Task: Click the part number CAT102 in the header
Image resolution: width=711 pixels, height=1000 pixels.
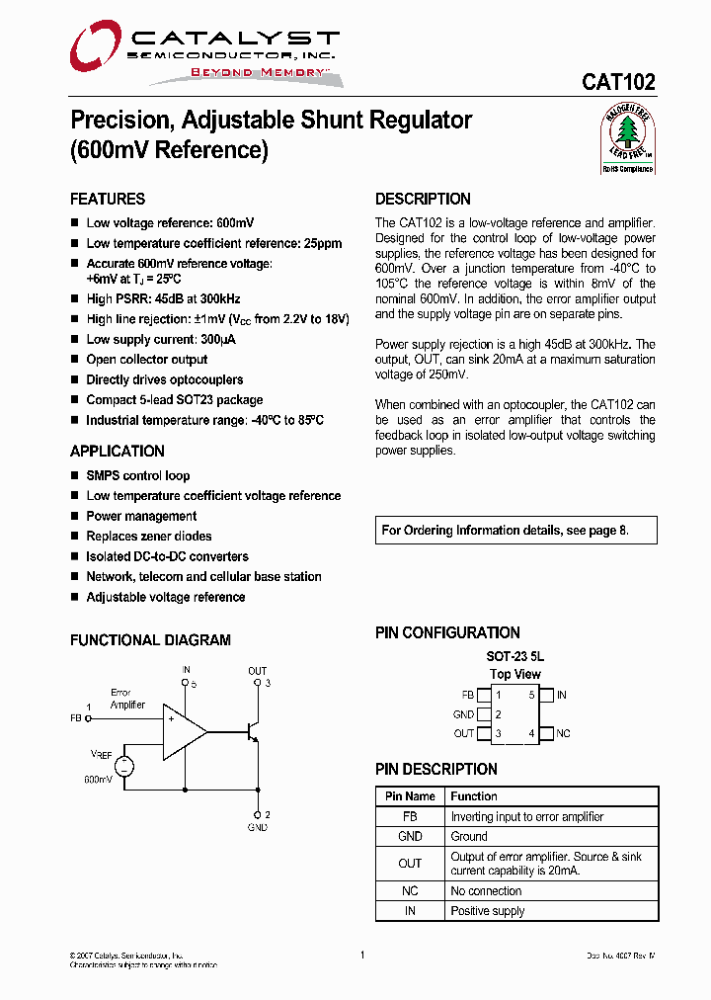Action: pos(618,84)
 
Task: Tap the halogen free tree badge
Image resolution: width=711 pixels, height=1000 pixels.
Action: pos(628,138)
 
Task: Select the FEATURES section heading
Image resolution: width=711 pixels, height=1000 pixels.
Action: pos(108,199)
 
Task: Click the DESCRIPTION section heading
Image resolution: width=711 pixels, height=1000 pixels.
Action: pos(423,199)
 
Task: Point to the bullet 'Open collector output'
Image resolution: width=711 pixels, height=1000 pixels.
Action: pos(146,360)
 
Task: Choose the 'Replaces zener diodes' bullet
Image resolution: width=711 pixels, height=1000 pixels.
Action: pos(148,537)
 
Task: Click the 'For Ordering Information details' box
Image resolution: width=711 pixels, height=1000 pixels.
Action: pos(505,531)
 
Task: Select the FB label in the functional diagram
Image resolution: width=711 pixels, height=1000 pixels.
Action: pos(76,718)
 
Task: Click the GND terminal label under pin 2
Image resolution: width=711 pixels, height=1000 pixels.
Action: pos(257,827)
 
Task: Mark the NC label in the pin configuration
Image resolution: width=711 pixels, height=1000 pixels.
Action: pos(563,733)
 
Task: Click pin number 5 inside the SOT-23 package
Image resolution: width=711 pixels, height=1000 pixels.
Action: pos(531,696)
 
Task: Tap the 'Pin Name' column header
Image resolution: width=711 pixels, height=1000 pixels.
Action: pos(410,796)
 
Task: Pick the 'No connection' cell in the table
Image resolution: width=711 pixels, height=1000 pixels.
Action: pos(486,891)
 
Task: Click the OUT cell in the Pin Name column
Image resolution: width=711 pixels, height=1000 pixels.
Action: pos(410,864)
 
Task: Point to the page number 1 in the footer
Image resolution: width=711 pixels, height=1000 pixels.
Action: pos(362,955)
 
